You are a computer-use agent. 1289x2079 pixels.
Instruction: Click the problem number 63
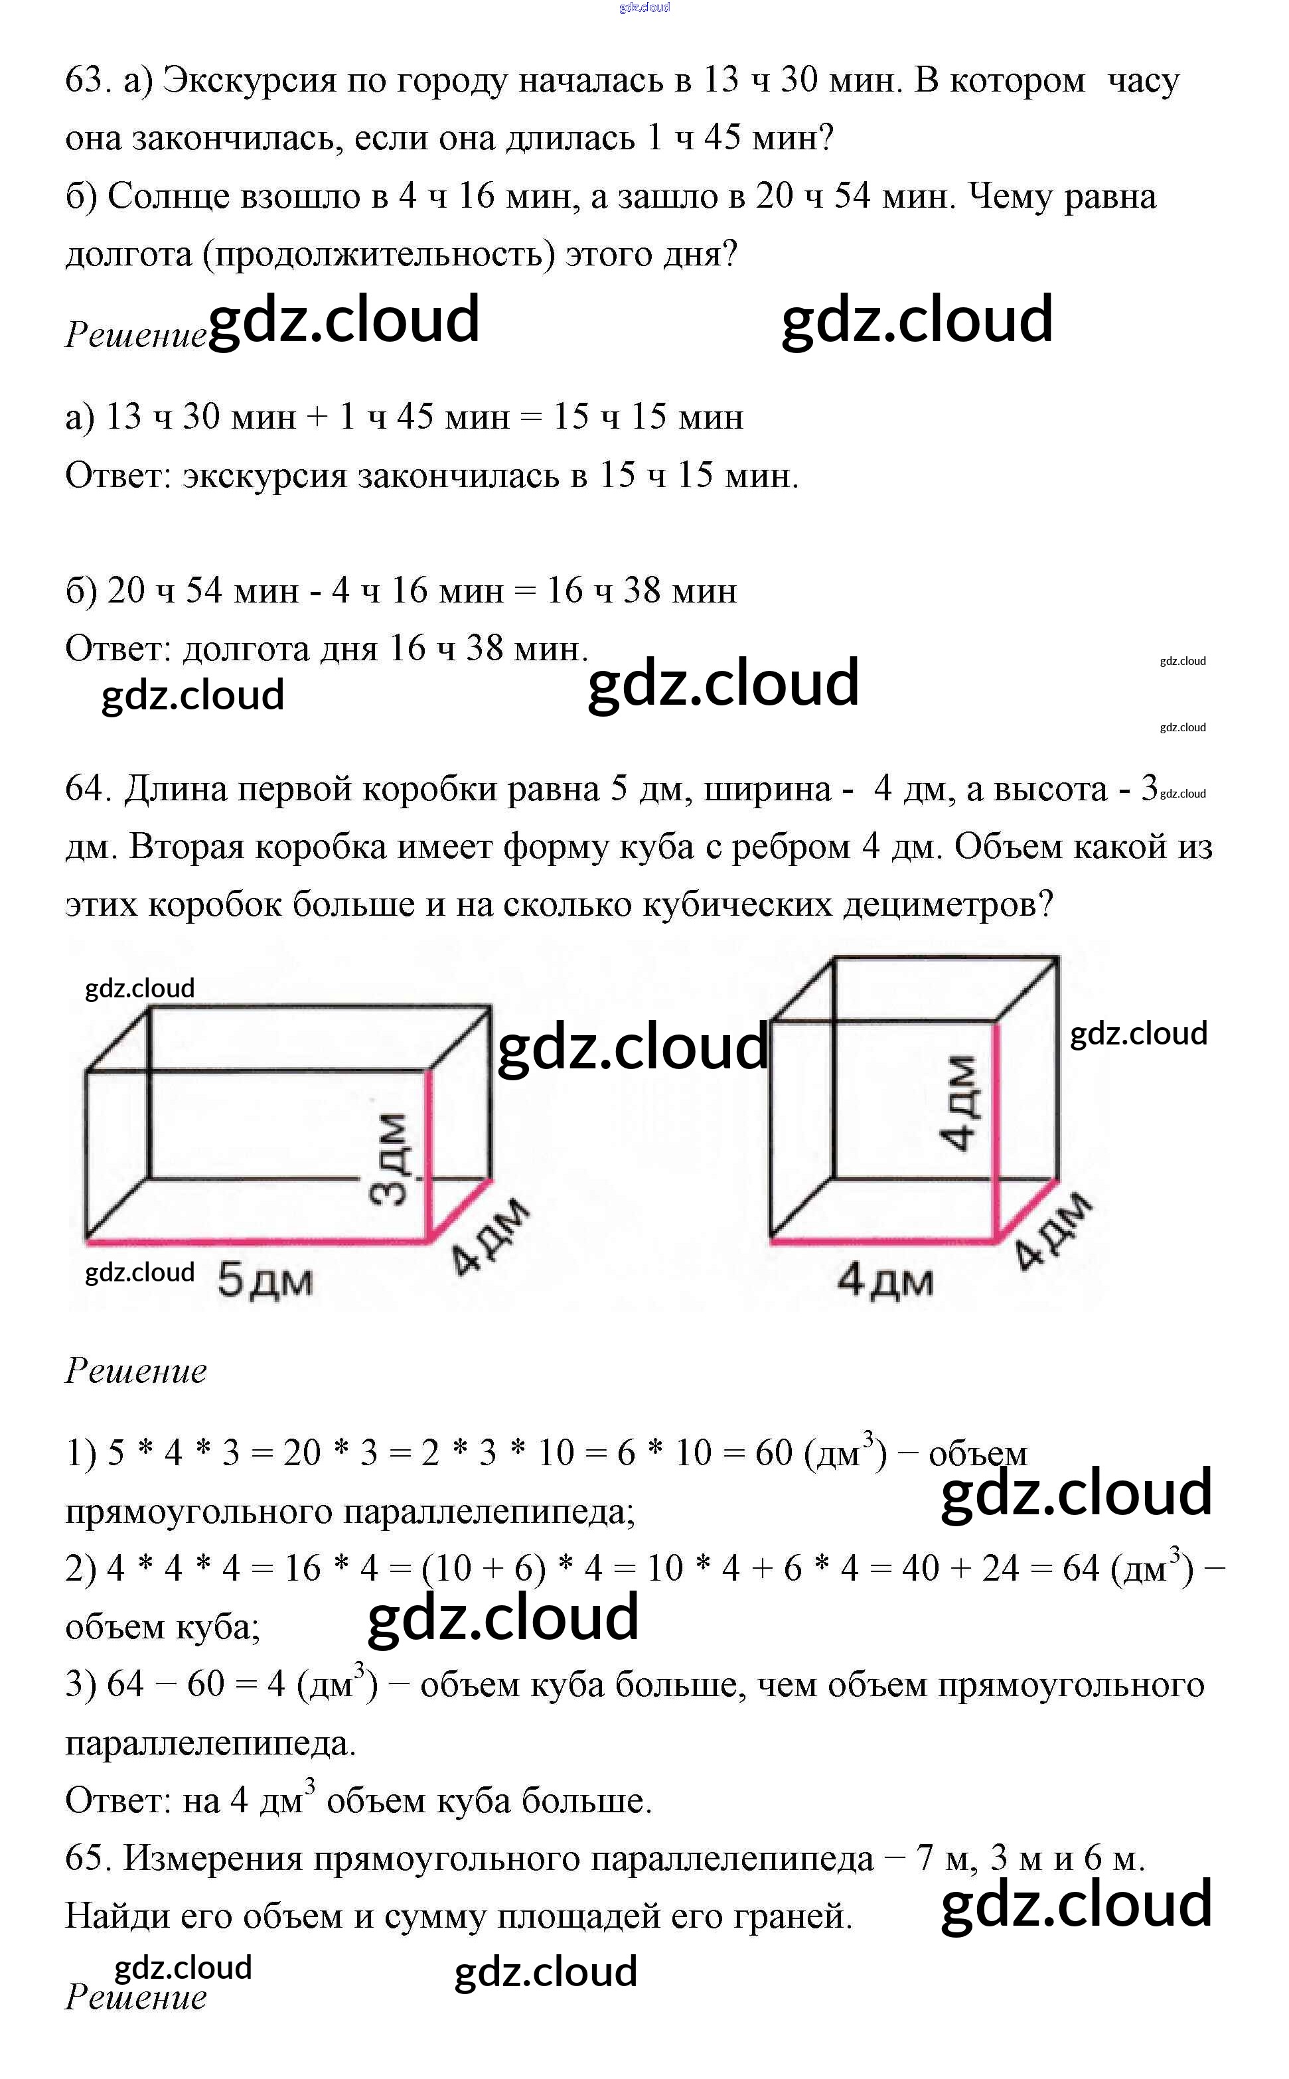click(88, 80)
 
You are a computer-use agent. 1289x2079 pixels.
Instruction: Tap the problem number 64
click(88, 788)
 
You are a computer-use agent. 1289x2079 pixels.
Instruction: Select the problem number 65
click(88, 1858)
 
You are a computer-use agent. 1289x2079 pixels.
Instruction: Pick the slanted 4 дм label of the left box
click(489, 1236)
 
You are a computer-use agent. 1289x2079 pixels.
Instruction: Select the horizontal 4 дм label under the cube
click(885, 1280)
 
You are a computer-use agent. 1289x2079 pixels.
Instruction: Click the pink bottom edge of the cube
click(882, 1241)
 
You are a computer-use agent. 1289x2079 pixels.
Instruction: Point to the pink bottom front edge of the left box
click(256, 1241)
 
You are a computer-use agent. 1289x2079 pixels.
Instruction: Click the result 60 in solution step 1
click(773, 1453)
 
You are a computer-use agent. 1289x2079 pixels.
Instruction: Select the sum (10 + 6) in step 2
click(483, 1569)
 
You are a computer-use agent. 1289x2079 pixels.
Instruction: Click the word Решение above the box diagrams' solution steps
click(137, 1371)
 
